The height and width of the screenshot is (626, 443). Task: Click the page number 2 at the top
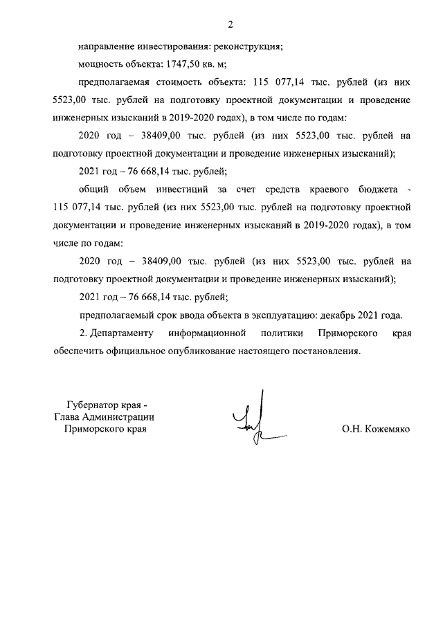click(231, 25)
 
